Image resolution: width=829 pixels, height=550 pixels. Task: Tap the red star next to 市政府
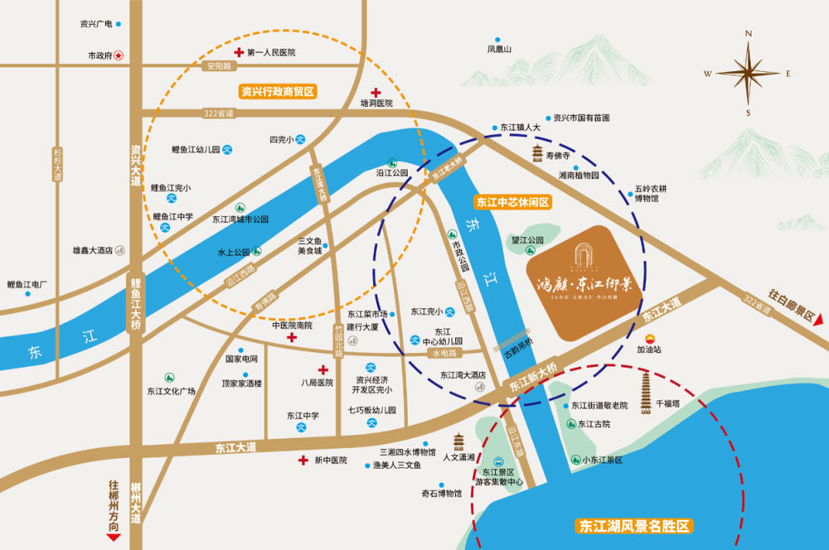[x=119, y=55]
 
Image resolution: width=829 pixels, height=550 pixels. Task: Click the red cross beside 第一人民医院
[x=237, y=52]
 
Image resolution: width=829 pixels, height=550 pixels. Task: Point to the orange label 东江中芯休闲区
[x=512, y=201]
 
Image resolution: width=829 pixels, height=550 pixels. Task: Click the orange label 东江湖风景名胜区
[x=635, y=526]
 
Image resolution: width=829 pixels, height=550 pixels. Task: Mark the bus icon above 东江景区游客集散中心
[x=497, y=462]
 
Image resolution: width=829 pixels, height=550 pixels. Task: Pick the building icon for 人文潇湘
[x=458, y=441]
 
